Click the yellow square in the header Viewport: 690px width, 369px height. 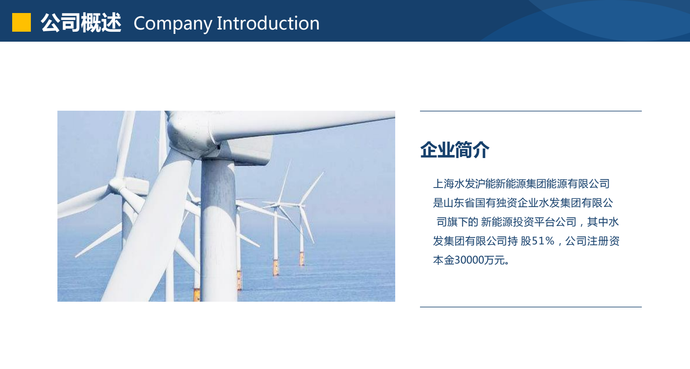click(x=21, y=22)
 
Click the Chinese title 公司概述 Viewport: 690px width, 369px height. click(x=81, y=23)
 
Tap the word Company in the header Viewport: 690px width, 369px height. click(x=173, y=24)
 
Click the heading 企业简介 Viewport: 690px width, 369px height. click(x=455, y=150)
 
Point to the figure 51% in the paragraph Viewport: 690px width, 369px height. click(x=543, y=241)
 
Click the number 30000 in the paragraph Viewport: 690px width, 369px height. click(x=469, y=260)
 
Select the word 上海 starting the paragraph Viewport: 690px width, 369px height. click(x=443, y=184)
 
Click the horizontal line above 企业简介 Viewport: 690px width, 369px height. click(x=531, y=111)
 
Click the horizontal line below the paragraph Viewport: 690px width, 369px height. click(x=531, y=307)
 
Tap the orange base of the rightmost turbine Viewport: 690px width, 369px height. click(x=302, y=259)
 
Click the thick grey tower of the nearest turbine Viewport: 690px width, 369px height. click(x=219, y=231)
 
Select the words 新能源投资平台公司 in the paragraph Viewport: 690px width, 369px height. click(x=529, y=222)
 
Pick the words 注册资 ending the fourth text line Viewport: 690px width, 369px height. click(x=603, y=241)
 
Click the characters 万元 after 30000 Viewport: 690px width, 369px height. click(x=494, y=260)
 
